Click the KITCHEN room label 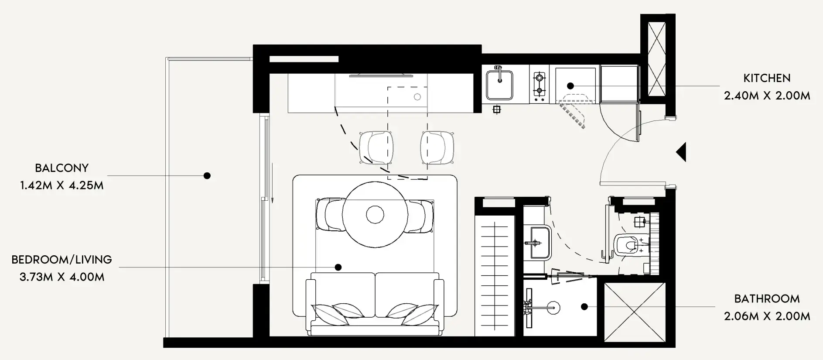767,79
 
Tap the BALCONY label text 62,168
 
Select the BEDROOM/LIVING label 62,260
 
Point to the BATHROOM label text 767,299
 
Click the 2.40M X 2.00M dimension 767,96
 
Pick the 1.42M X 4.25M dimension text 62,185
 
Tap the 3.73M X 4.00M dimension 62,277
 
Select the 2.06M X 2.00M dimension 767,316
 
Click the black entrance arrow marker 681,152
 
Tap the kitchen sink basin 499,85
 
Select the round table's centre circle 375,215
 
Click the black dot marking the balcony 207,176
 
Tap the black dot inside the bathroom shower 584,307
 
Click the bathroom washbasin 538,242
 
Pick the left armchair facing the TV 376,147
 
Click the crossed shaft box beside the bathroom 635,312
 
